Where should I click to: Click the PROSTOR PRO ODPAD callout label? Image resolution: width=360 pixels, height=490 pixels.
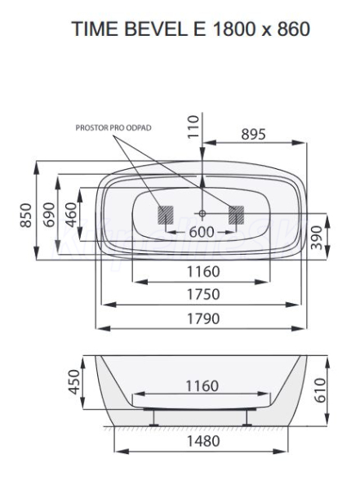(113, 128)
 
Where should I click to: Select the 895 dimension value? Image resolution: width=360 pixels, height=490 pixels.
(253, 134)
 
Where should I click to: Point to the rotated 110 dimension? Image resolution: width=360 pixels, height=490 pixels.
(193, 127)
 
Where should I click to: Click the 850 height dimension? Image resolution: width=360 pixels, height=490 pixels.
(26, 216)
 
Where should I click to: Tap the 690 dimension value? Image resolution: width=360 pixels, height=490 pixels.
(49, 215)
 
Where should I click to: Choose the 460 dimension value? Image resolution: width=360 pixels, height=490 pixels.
(71, 215)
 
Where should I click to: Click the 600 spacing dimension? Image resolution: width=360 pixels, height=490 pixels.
(202, 232)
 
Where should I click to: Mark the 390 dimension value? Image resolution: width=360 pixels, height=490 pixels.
(317, 238)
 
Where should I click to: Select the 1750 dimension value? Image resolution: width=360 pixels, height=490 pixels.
(203, 294)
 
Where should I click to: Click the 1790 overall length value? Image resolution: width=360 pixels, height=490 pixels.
(203, 318)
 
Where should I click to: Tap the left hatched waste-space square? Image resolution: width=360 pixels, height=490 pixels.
(166, 215)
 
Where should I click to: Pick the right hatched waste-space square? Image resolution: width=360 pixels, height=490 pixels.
(236, 215)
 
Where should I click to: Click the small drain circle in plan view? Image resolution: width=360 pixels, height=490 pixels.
(202, 213)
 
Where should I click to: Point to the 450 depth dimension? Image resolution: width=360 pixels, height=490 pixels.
(74, 382)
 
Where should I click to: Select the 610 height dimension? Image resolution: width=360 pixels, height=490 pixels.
(321, 390)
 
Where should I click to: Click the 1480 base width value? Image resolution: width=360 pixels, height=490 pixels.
(203, 441)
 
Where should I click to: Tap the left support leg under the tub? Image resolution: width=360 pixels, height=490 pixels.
(153, 417)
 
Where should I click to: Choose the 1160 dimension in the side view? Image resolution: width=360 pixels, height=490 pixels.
(202, 386)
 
